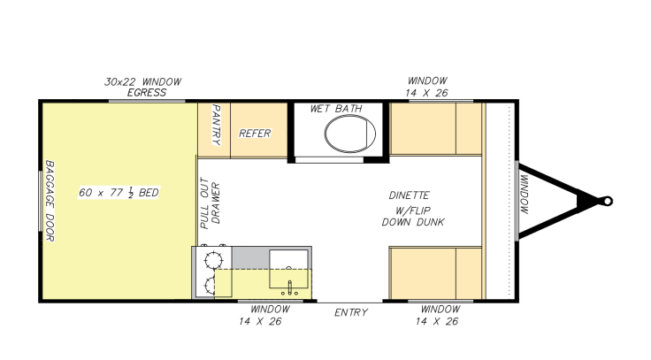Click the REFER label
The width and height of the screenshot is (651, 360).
pos(255,134)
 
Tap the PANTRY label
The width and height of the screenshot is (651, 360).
pos(216,125)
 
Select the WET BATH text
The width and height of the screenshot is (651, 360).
pos(336,109)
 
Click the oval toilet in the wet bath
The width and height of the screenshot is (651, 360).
pos(350,134)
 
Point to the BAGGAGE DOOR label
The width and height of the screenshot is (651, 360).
pos(50,201)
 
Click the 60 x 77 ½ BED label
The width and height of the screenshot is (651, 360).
pos(119,193)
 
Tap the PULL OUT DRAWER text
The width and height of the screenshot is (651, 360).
pos(211,203)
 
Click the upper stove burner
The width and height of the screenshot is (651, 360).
pos(213,261)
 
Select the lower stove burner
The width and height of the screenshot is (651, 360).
pos(211,287)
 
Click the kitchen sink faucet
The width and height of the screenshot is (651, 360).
pos(290,287)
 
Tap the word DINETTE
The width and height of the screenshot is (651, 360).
pos(409,195)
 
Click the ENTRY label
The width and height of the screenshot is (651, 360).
pos(351,312)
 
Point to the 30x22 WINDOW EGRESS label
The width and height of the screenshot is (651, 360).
pos(143,87)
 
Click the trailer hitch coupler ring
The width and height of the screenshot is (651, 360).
pos(607,202)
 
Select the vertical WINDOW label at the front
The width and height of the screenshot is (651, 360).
pos(525,195)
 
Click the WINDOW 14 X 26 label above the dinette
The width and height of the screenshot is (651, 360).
pos(427,87)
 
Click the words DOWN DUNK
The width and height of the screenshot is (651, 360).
pos(413,222)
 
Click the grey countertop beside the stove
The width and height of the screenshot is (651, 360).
pos(250,257)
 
